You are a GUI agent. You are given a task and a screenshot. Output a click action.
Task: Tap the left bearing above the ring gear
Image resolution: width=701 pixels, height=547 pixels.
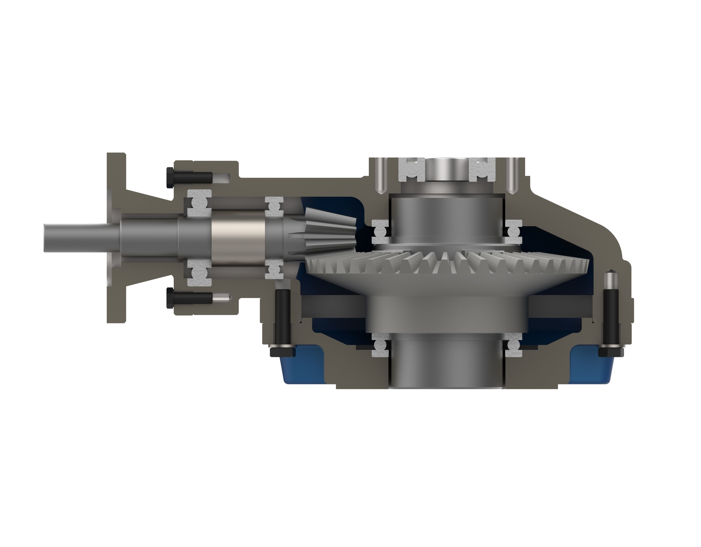[x=381, y=231]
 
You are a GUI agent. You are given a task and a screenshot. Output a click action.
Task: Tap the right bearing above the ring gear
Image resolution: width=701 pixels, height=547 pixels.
[x=514, y=231]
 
